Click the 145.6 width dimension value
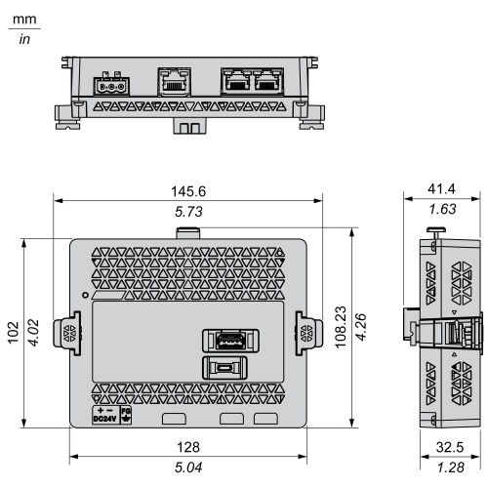188,191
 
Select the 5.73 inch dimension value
188,212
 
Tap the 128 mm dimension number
188,447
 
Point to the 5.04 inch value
188,468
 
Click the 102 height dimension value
14,333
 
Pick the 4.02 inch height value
33,333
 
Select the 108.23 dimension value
341,327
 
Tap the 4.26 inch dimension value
361,327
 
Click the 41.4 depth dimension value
441,188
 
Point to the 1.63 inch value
442,209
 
